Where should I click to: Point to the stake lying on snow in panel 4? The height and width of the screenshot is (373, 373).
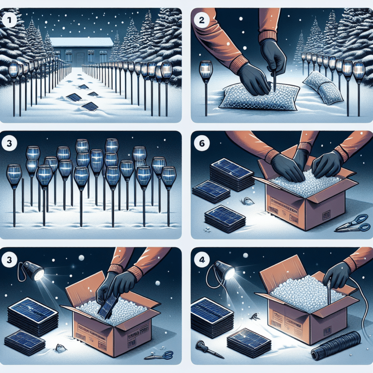click(203, 348)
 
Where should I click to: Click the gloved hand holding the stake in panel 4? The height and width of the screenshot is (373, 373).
click(336, 274)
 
